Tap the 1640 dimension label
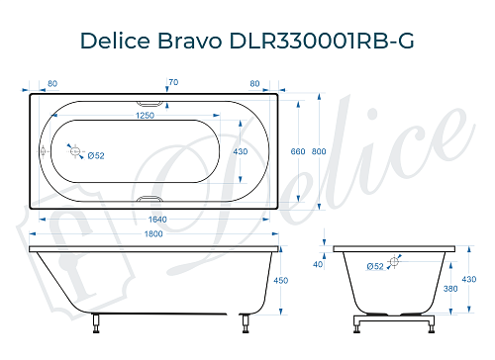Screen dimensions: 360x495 (150, 220)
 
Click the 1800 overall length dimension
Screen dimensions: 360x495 (150, 234)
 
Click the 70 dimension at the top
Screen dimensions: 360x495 (173, 82)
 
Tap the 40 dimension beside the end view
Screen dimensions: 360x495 (318, 264)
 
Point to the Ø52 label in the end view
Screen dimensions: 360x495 (375, 266)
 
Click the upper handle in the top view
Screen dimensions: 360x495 (150, 101)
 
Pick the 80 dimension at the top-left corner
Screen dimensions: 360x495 (51, 82)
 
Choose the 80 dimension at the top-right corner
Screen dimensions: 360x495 (255, 82)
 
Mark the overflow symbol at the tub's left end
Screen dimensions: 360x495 (43, 150)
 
